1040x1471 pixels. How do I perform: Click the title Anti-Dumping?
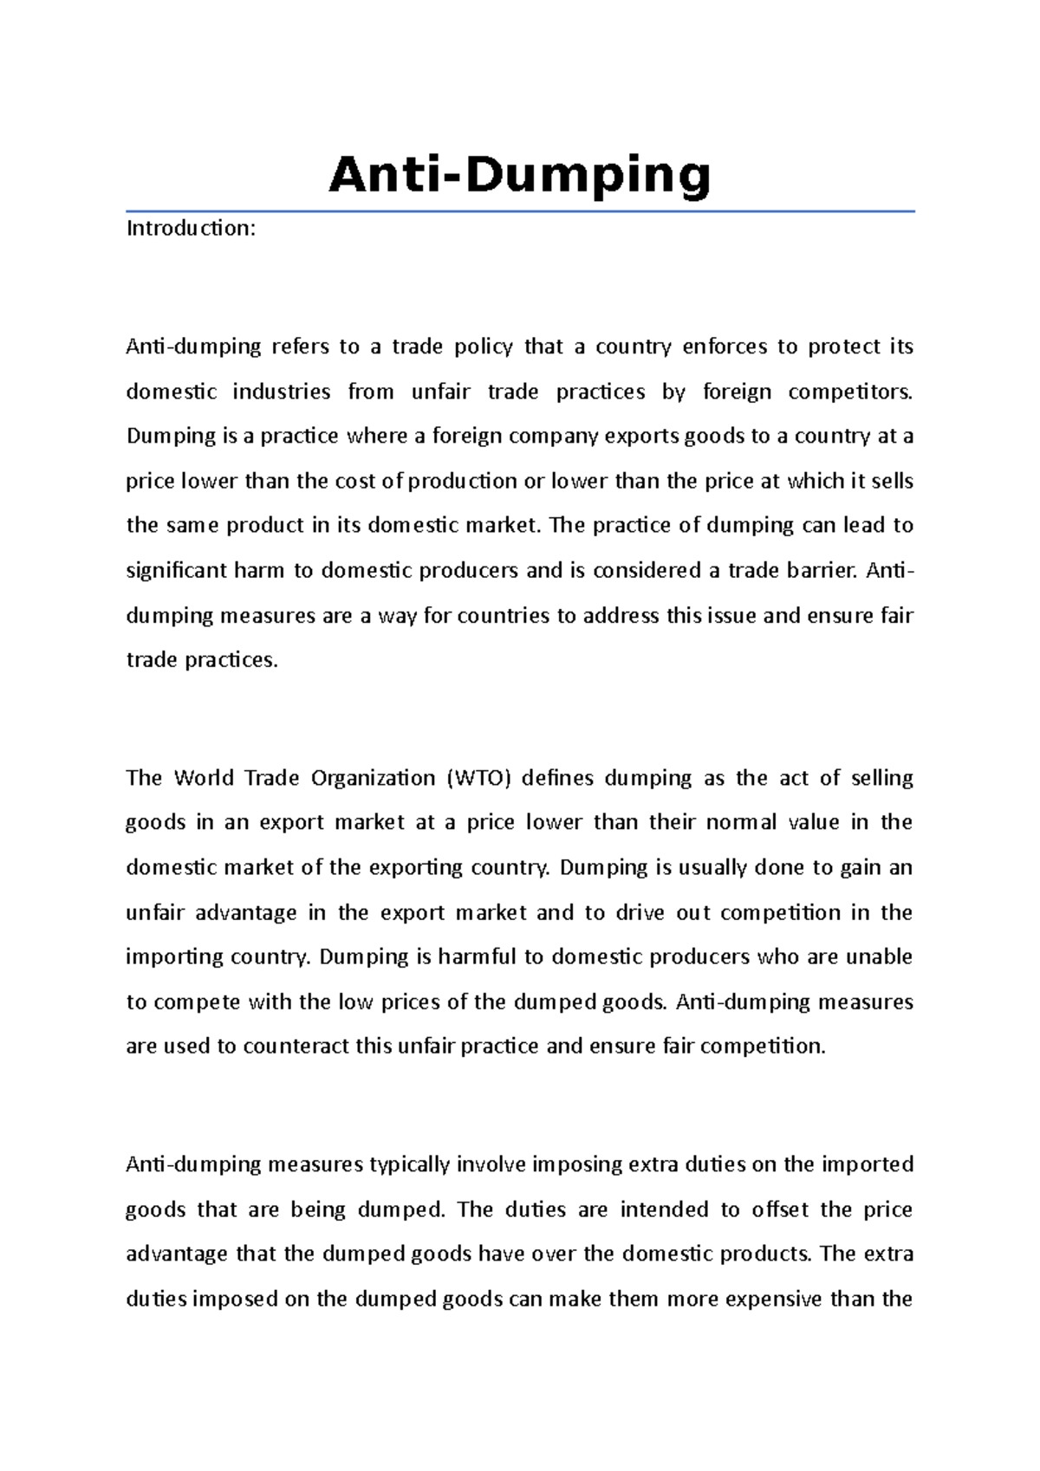[520, 176]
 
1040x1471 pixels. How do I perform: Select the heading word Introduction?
[191, 229]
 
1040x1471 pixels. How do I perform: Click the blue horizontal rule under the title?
[520, 211]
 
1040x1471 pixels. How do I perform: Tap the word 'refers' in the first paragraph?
[301, 347]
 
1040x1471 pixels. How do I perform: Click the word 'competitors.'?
[850, 392]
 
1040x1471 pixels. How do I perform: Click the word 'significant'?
[176, 571]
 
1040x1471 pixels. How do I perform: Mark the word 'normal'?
[741, 822]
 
